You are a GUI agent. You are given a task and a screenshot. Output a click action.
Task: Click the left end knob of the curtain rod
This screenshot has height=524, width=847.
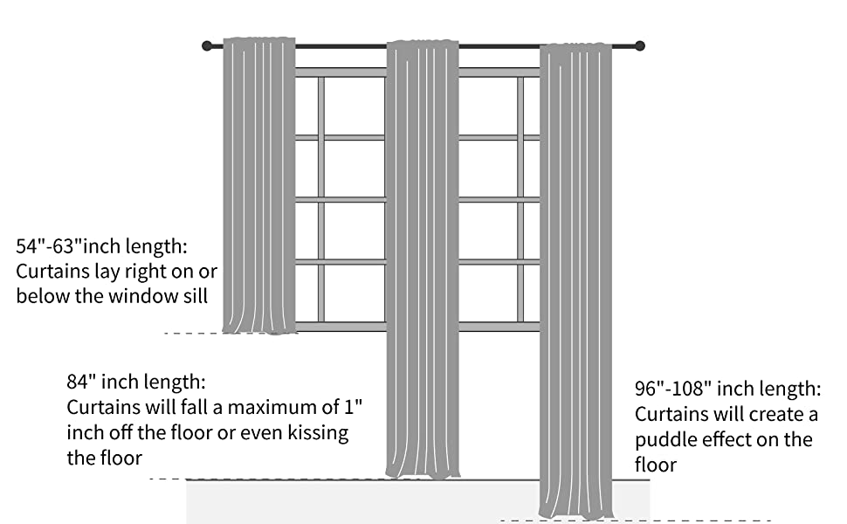(207, 45)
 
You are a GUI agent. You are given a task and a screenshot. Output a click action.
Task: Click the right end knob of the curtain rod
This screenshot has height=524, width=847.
(639, 45)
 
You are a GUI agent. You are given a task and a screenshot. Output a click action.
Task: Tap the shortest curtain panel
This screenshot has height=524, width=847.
(259, 183)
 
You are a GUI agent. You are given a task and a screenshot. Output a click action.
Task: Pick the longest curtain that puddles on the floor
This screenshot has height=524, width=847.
(575, 279)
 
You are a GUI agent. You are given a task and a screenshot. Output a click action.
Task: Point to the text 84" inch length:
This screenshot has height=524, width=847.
(137, 383)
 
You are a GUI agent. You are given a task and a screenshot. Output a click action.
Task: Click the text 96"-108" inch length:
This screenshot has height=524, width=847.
(727, 388)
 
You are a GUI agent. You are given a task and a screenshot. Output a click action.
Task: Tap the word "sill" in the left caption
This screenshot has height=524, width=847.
(191, 296)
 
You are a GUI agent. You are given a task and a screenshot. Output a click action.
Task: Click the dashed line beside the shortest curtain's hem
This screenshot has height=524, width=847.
(192, 333)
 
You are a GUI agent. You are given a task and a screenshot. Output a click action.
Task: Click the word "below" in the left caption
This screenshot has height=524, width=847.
(45, 296)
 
